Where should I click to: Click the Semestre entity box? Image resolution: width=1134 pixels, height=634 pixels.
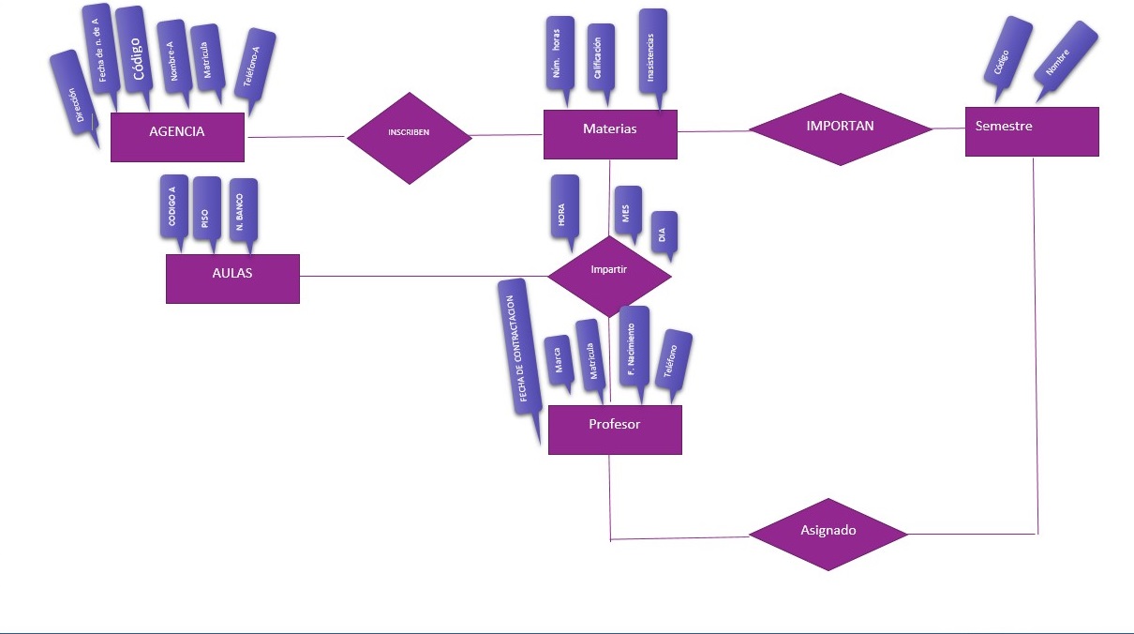coord(1031,130)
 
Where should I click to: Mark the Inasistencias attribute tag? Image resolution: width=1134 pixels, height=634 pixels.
coord(652,52)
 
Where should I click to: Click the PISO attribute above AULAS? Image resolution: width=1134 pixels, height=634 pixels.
coord(205,212)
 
